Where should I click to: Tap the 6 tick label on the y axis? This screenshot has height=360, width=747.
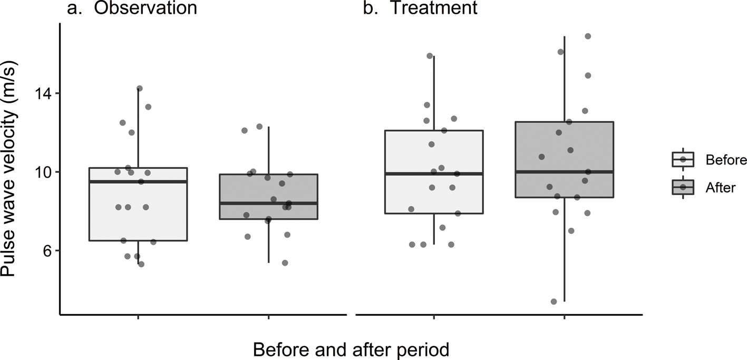click(47, 251)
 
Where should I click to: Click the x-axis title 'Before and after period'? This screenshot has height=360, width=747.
click(351, 349)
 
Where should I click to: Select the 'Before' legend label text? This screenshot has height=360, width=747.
click(726, 160)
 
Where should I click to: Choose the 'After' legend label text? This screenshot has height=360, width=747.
click(720, 187)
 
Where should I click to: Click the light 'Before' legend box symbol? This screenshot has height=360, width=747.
click(683, 159)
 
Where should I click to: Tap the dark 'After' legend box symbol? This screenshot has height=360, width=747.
click(683, 187)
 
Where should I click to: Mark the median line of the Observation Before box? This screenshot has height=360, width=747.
click(138, 181)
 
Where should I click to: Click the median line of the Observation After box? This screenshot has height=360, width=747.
click(269, 203)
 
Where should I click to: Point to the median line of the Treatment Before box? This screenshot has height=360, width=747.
click(434, 173)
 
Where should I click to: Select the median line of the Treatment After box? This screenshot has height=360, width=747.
click(565, 172)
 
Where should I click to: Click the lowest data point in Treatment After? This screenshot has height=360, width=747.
click(554, 301)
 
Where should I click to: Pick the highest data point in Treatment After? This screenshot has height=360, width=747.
click(588, 36)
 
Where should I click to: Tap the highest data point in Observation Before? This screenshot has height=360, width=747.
click(140, 89)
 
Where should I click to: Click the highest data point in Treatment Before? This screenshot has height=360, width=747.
click(430, 56)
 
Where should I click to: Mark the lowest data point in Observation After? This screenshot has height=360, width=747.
click(285, 263)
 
